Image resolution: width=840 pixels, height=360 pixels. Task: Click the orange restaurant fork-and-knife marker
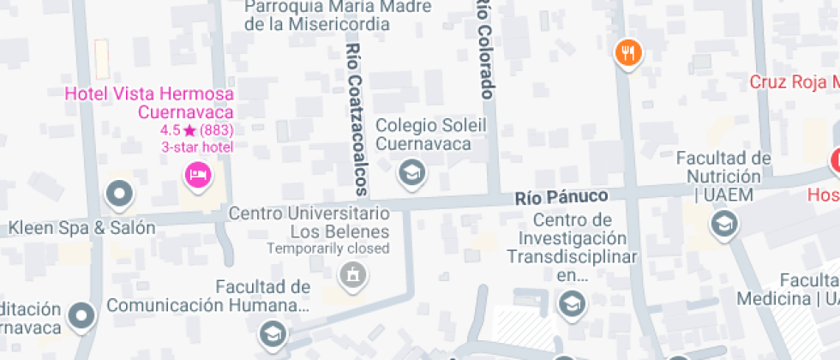click(x=628, y=53)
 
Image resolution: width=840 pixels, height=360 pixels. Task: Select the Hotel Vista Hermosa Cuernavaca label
click(x=150, y=103)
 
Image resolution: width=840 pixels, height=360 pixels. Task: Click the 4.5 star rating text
click(x=197, y=130)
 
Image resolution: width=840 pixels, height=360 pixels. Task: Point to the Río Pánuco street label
click(x=561, y=196)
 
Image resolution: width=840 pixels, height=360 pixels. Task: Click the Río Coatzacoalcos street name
click(x=356, y=120)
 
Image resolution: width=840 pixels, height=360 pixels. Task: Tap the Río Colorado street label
click(x=485, y=49)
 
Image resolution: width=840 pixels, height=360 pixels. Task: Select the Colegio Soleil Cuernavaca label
click(x=423, y=134)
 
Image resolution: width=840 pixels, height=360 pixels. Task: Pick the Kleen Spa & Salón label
click(x=82, y=228)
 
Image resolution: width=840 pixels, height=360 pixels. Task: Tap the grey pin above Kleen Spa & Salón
click(x=118, y=194)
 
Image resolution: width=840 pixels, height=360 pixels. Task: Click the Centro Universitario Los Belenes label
click(x=309, y=222)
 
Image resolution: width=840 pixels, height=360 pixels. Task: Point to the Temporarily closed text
click(x=328, y=249)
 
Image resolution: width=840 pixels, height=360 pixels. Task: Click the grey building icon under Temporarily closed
click(x=351, y=275)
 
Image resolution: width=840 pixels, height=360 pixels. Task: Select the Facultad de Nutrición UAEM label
click(x=723, y=177)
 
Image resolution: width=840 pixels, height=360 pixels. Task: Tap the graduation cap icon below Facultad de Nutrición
click(x=724, y=225)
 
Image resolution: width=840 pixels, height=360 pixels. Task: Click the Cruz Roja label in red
click(x=794, y=82)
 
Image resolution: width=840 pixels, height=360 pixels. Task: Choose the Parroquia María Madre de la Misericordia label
click(x=310, y=15)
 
